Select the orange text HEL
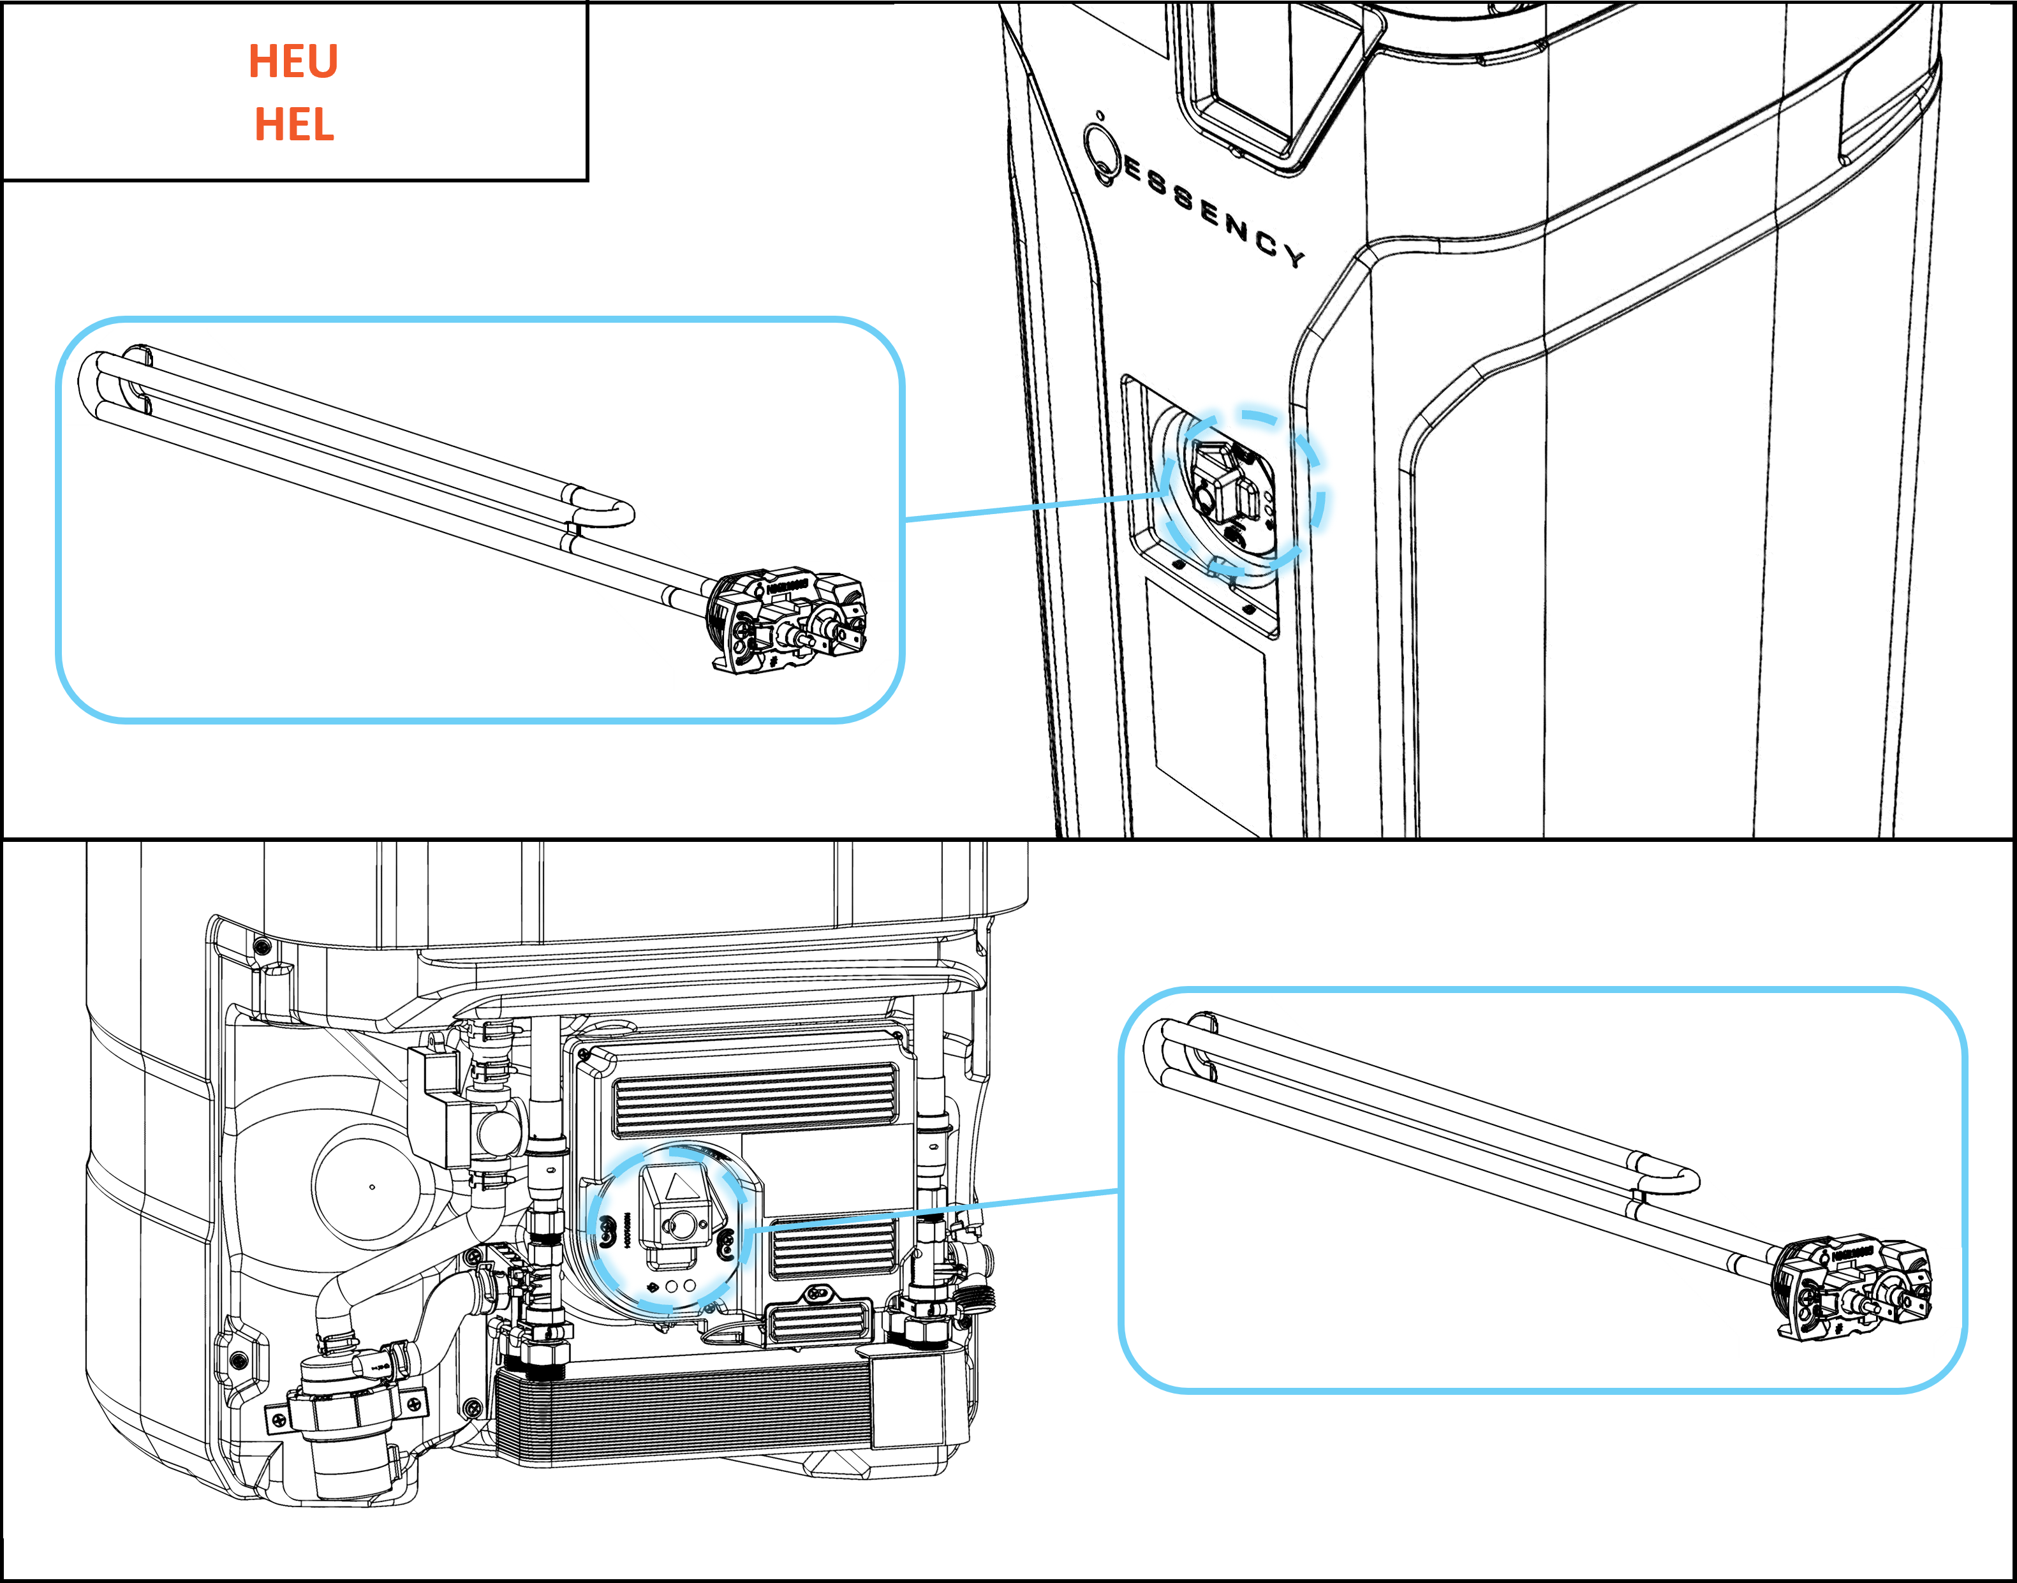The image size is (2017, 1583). (294, 124)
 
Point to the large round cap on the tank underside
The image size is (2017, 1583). (371, 1186)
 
